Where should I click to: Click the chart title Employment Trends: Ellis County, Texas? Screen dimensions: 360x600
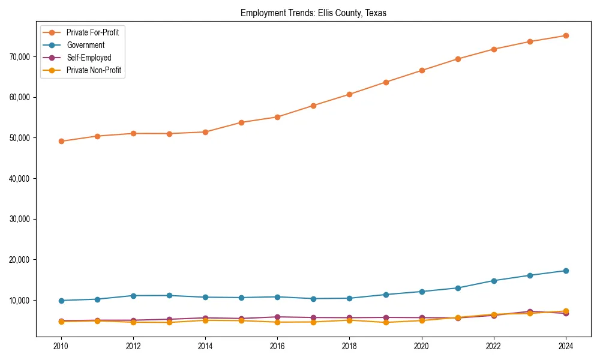point(317,13)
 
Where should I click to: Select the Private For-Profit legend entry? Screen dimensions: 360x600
point(92,32)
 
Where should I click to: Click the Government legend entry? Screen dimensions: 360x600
point(85,45)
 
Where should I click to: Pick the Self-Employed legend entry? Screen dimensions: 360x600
point(89,58)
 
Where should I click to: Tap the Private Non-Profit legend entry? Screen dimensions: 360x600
point(94,70)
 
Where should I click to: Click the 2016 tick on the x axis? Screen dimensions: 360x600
point(277,346)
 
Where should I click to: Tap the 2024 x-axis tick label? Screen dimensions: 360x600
point(566,346)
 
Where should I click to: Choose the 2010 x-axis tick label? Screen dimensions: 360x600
point(61,346)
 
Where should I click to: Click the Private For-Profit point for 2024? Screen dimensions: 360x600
point(566,35)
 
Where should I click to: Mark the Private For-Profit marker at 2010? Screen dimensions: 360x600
point(61,142)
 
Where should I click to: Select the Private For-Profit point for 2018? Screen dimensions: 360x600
point(349,94)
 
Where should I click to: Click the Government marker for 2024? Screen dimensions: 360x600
point(566,271)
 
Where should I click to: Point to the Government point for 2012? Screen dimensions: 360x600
point(133,296)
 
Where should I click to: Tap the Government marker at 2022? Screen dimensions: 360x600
point(494,281)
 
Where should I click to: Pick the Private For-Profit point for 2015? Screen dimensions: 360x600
point(241,122)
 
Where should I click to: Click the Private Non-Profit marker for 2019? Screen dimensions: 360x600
point(385,322)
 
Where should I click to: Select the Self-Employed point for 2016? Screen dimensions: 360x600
point(277,317)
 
